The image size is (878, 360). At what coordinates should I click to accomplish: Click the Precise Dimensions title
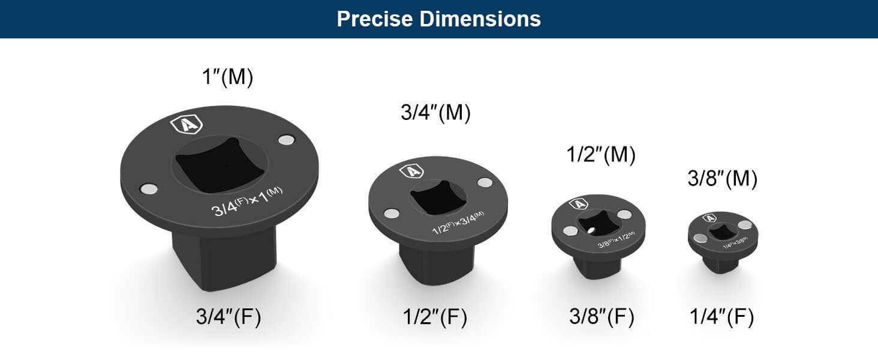pyautogui.click(x=438, y=19)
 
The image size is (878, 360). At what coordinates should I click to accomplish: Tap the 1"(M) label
pyautogui.click(x=226, y=77)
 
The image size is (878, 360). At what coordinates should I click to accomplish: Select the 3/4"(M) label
pyautogui.click(x=435, y=113)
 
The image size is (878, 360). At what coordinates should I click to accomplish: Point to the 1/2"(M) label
pyautogui.click(x=600, y=155)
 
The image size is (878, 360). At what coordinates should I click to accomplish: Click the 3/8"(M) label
pyautogui.click(x=722, y=179)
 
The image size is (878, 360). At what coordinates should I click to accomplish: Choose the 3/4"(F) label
pyautogui.click(x=228, y=317)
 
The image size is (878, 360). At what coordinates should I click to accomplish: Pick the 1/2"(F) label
pyautogui.click(x=435, y=317)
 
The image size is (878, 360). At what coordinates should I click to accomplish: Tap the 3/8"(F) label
pyautogui.click(x=602, y=317)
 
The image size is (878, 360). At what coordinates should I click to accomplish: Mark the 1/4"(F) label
pyautogui.click(x=721, y=317)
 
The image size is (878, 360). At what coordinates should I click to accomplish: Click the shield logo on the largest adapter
pyautogui.click(x=187, y=125)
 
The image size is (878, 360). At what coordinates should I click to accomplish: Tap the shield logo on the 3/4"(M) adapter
pyautogui.click(x=411, y=171)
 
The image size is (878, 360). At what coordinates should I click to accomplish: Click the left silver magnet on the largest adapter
pyautogui.click(x=149, y=189)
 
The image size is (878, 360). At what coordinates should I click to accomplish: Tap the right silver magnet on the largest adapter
pyautogui.click(x=287, y=140)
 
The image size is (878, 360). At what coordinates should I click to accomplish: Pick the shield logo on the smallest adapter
pyautogui.click(x=709, y=218)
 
